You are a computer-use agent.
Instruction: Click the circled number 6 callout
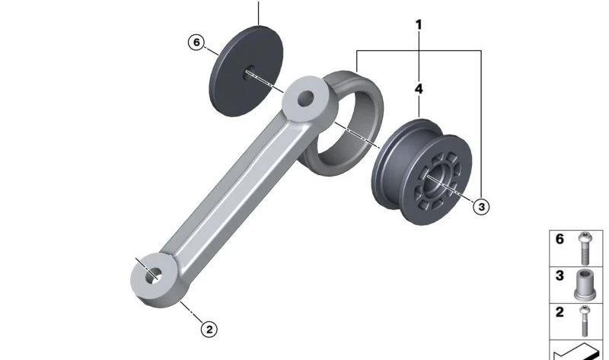(x=196, y=42)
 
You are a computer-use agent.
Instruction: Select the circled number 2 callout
(x=209, y=330)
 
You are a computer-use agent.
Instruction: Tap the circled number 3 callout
(x=482, y=206)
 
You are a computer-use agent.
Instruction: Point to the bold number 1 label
(x=418, y=25)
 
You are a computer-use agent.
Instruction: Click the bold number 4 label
(x=419, y=89)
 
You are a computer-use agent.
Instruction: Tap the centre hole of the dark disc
(x=249, y=73)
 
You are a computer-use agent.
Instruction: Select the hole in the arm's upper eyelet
(x=306, y=99)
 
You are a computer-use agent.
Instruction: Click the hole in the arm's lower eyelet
(x=154, y=276)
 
